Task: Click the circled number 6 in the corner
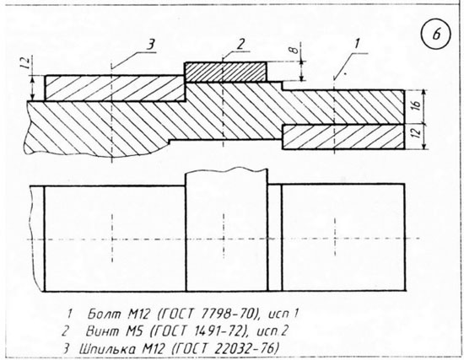(436, 35)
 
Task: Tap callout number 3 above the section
(151, 46)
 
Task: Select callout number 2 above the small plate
(240, 44)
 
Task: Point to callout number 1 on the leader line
(356, 45)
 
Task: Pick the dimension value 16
(416, 105)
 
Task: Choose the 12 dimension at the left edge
(26, 63)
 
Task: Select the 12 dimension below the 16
(417, 132)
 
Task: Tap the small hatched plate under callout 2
(225, 72)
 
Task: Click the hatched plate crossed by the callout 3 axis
(115, 89)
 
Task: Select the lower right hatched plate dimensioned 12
(343, 137)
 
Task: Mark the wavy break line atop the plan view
(226, 170)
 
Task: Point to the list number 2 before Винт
(65, 331)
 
